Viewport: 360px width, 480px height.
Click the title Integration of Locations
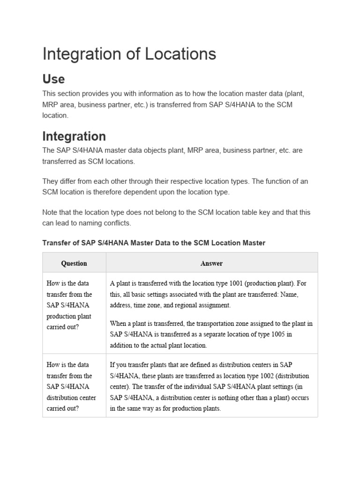click(129, 54)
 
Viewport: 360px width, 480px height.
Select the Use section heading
click(53, 78)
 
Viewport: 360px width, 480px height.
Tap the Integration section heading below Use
click(74, 136)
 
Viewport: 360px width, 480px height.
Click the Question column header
click(74, 263)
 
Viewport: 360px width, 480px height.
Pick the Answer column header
click(211, 263)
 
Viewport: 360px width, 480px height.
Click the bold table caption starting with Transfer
click(154, 243)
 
